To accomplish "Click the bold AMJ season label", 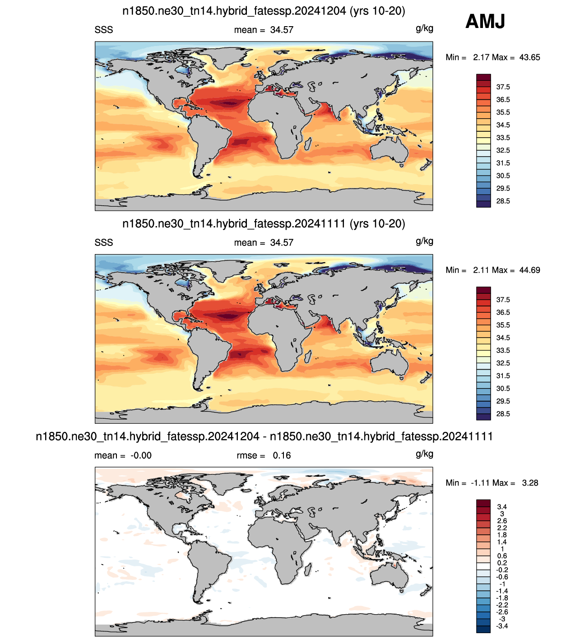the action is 485,21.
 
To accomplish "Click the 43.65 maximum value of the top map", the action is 529,57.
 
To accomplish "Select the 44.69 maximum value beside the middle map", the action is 529,270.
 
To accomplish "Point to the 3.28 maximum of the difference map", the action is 530,483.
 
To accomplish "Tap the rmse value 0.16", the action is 282,455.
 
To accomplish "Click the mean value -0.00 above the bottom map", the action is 141,455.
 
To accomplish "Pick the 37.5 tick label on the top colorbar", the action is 503,87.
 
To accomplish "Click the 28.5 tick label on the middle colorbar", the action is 503,414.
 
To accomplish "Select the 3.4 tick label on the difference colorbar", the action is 502,507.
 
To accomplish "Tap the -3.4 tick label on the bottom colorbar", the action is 502,626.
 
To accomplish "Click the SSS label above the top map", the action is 104,30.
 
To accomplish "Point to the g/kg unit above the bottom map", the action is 424,454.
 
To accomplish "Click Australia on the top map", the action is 390,151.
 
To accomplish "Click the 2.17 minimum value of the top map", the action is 481,57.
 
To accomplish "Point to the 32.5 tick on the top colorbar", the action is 503,150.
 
